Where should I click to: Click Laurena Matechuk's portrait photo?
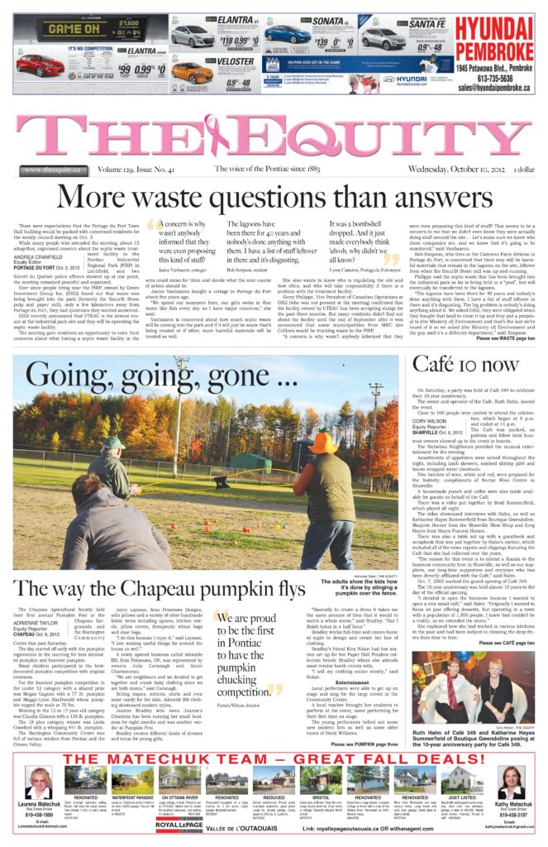[x=38, y=782]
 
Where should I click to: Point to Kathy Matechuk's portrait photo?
[x=511, y=782]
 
